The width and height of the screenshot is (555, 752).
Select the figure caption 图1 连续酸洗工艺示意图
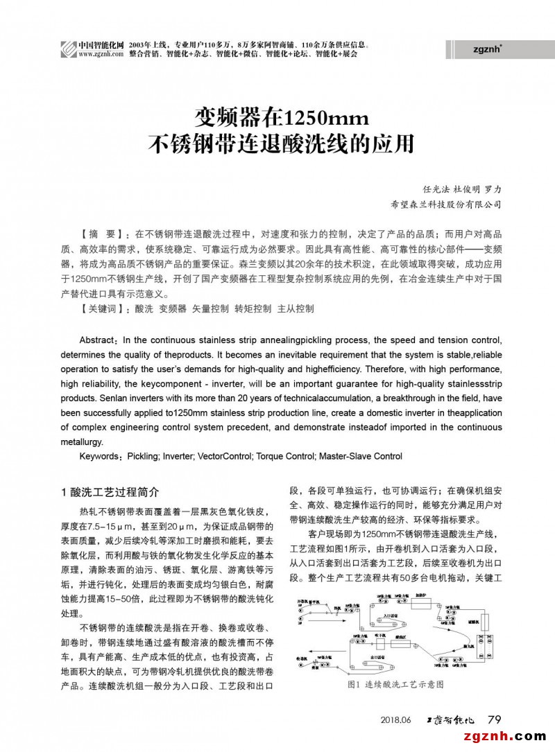pyautogui.click(x=395, y=684)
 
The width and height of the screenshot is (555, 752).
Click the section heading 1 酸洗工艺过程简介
pyautogui.click(x=110, y=492)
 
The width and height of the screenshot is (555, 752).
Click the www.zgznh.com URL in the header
pyautogui.click(x=96, y=53)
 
